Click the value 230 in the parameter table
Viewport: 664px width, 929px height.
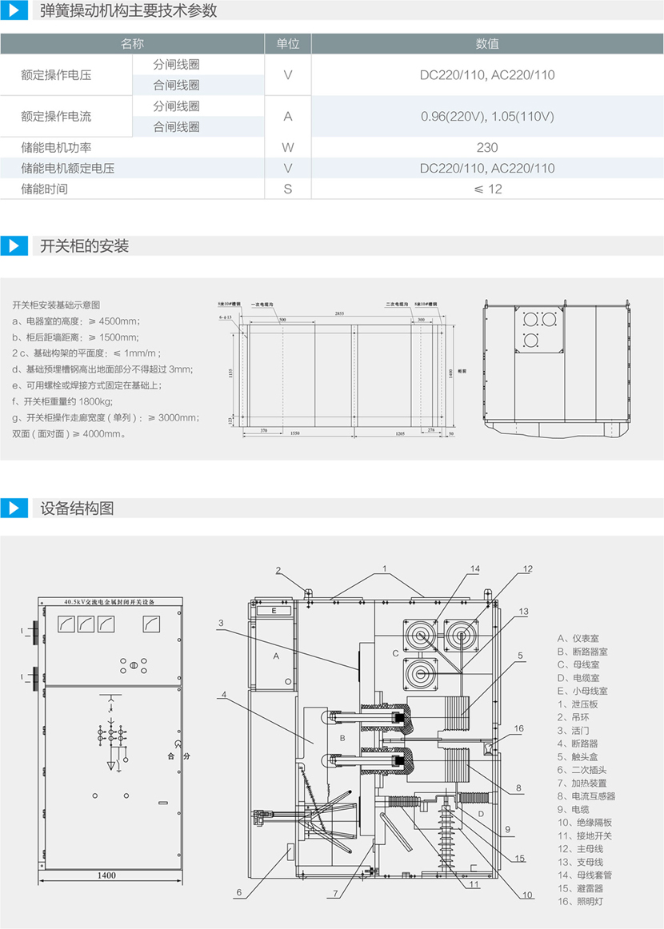point(486,147)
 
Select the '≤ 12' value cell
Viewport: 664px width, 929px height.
point(486,189)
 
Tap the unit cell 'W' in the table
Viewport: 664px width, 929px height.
point(288,147)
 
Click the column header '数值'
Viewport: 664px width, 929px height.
point(486,44)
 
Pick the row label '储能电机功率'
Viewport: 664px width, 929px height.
point(55,147)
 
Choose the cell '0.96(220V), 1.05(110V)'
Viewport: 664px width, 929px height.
point(486,116)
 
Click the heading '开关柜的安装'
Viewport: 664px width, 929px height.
point(84,245)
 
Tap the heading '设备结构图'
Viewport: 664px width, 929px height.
point(77,508)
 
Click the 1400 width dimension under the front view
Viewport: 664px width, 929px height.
point(106,875)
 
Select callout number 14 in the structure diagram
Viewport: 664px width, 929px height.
point(474,568)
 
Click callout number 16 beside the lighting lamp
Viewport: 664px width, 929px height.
point(519,728)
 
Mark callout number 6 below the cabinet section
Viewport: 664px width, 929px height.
point(238,892)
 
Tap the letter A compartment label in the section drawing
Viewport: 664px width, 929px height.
point(275,656)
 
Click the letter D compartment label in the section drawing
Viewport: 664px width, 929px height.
point(480,814)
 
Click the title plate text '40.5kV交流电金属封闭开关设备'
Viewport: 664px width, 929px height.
point(109,601)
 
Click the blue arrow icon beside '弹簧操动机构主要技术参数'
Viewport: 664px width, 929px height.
point(14,11)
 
